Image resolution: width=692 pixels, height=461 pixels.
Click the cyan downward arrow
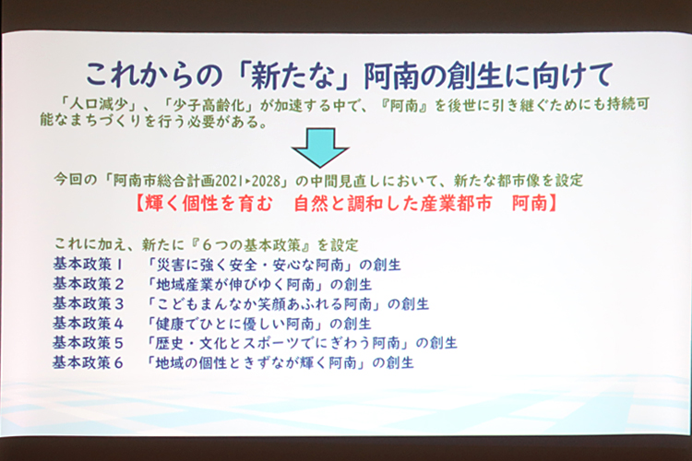click(320, 148)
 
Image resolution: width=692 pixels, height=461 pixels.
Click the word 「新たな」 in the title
click(293, 76)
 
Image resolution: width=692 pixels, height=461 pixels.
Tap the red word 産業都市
click(456, 204)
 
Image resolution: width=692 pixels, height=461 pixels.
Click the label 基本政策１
click(88, 265)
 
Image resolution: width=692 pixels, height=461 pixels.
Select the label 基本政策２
click(89, 284)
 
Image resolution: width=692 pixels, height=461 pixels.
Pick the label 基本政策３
click(89, 304)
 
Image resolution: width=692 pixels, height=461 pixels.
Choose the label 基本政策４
click(89, 324)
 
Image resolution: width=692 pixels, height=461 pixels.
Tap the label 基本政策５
click(89, 343)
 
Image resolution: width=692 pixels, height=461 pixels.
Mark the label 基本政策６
click(89, 362)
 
